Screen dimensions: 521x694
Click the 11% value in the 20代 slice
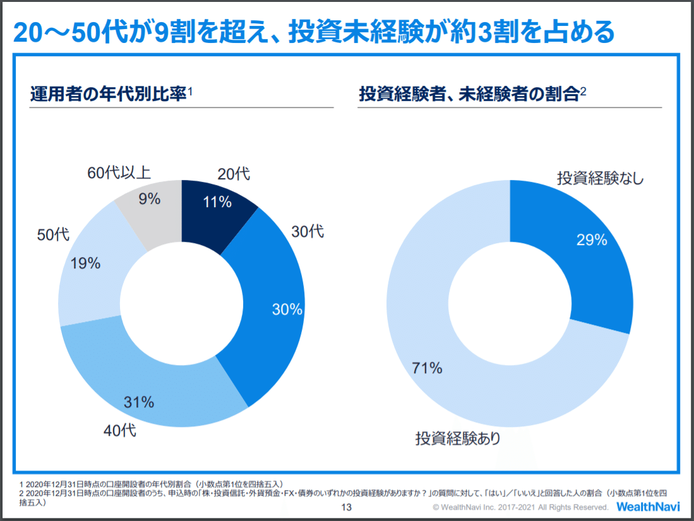tap(217, 202)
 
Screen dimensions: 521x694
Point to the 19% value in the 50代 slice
tap(86, 263)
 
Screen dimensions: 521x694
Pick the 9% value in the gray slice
tap(150, 199)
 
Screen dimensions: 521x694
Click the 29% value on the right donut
tap(592, 239)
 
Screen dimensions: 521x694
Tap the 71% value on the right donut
tap(428, 368)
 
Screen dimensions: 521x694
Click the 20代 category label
tap(234, 174)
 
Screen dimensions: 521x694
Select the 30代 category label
tap(308, 231)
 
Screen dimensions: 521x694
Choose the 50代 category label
tap(53, 234)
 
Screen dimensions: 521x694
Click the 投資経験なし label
tap(601, 178)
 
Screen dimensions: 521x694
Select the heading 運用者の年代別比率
tap(108, 95)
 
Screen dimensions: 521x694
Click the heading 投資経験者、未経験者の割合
tap(469, 95)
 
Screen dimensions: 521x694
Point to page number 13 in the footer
tap(346, 508)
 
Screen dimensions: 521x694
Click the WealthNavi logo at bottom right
tap(648, 506)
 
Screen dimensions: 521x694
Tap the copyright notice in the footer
tap(520, 507)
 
